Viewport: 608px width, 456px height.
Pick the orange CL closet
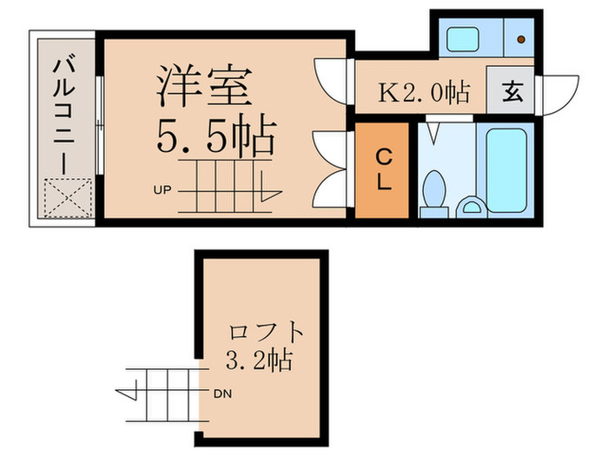[x=382, y=170]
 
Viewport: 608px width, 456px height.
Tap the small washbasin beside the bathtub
[x=473, y=205]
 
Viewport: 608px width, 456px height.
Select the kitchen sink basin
[x=459, y=39]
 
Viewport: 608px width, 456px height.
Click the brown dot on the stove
[x=519, y=39]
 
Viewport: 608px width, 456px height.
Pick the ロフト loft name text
[x=267, y=331]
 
